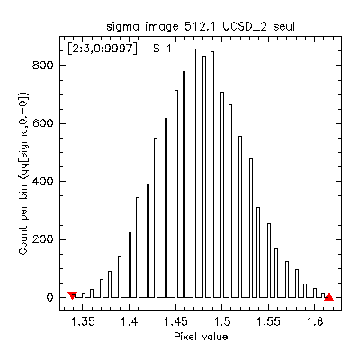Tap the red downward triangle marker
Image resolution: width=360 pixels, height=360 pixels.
pos(72,296)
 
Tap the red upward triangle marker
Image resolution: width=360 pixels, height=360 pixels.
pos(328,296)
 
